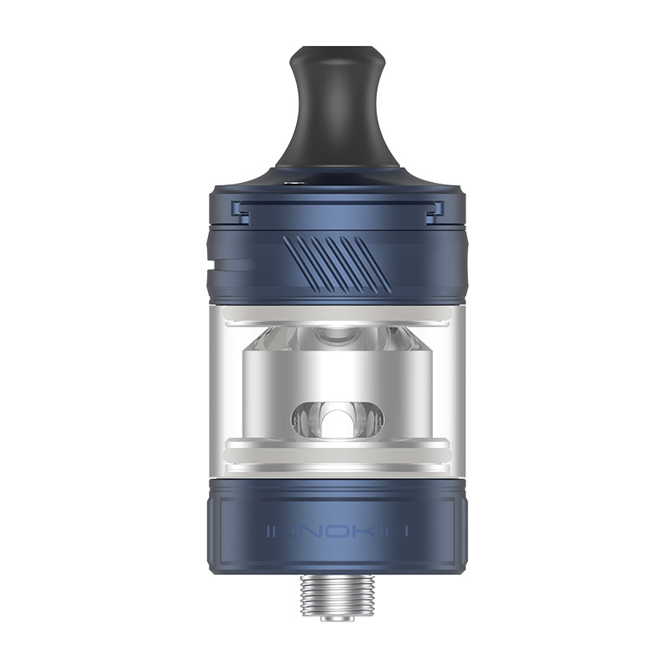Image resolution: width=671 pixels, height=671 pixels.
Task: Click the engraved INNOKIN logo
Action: pos(335,531)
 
